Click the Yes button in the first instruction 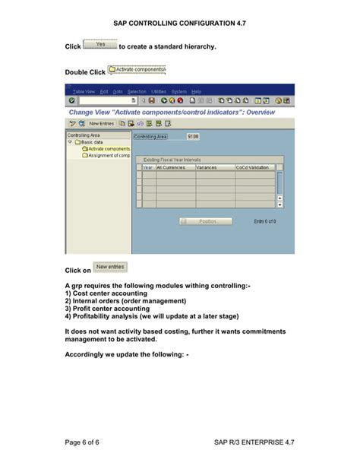click(99, 46)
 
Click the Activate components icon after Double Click click(137, 69)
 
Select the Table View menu click(84, 91)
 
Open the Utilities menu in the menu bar click(158, 91)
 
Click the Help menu click(196, 91)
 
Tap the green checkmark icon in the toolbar click(72, 100)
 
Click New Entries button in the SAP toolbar click(101, 122)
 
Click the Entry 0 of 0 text click(264, 221)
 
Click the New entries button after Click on click(110, 267)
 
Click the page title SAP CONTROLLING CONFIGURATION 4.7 click(180, 24)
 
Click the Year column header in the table click(147, 166)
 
